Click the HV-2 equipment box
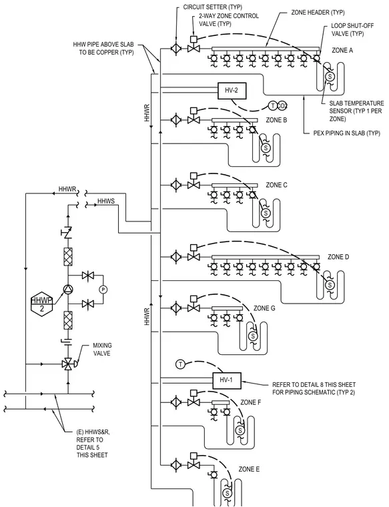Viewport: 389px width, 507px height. pyautogui.click(x=232, y=90)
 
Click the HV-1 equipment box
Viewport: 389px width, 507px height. pyautogui.click(x=227, y=380)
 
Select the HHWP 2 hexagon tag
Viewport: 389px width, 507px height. pyautogui.click(x=42, y=304)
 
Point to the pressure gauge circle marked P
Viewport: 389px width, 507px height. pyautogui.click(x=103, y=290)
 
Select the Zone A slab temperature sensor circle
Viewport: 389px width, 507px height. pyautogui.click(x=330, y=76)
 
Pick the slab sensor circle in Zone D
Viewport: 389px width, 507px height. pyautogui.click(x=330, y=285)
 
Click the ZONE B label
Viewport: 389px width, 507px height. pyautogui.click(x=276, y=120)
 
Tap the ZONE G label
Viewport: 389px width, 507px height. pyautogui.click(x=264, y=308)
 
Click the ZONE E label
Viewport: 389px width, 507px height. pyautogui.click(x=249, y=469)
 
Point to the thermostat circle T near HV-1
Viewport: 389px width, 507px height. pyautogui.click(x=180, y=364)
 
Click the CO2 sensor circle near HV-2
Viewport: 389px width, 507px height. pyautogui.click(x=283, y=105)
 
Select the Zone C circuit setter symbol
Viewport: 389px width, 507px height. pyautogui.click(x=176, y=185)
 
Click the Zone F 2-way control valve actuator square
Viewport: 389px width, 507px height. pyautogui.click(x=193, y=393)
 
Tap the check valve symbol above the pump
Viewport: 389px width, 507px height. pyautogui.click(x=68, y=232)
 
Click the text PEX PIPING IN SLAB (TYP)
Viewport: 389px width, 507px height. pyautogui.click(x=347, y=133)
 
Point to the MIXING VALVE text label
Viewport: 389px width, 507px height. pyautogui.click(x=102, y=349)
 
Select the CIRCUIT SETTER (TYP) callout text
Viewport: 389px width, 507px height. pyautogui.click(x=212, y=7)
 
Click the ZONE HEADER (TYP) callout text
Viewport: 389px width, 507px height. pyautogui.click(x=318, y=13)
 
